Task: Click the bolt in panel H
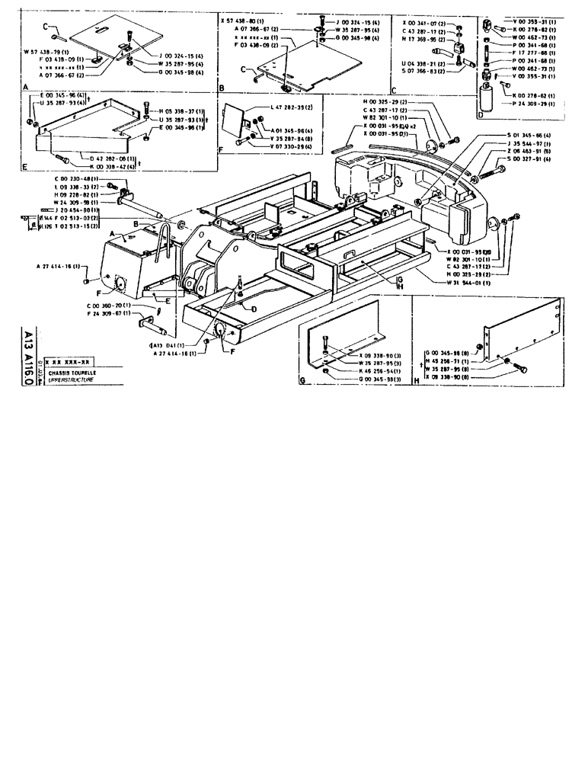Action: pyautogui.click(x=523, y=369)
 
